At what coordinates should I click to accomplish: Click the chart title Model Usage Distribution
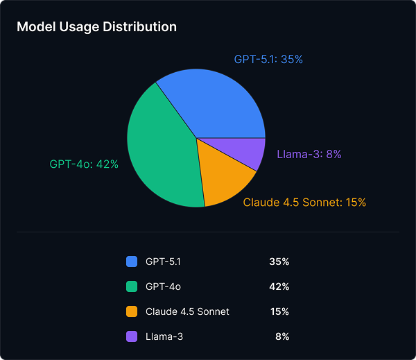tap(96, 27)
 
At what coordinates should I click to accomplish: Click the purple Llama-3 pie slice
tap(246, 152)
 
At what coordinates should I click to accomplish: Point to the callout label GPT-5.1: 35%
tap(268, 60)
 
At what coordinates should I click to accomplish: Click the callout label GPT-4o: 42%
tap(84, 164)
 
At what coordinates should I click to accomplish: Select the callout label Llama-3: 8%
tap(309, 154)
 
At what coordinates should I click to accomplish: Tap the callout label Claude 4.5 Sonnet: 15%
tap(304, 203)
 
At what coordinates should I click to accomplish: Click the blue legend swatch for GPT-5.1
tap(132, 262)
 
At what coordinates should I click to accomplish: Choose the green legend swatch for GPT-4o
tap(132, 286)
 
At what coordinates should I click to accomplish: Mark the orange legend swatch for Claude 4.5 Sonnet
tap(132, 311)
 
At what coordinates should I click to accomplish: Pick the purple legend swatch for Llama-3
tap(132, 336)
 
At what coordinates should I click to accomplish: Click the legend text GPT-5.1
tap(163, 262)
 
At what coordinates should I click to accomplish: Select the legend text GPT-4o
tap(164, 286)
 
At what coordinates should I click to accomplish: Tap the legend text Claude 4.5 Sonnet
tap(187, 311)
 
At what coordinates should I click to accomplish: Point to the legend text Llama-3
tap(164, 336)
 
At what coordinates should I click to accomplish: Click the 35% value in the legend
tap(279, 262)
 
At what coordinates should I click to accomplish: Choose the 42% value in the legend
tap(279, 286)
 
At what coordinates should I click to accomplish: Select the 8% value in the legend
tap(281, 336)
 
